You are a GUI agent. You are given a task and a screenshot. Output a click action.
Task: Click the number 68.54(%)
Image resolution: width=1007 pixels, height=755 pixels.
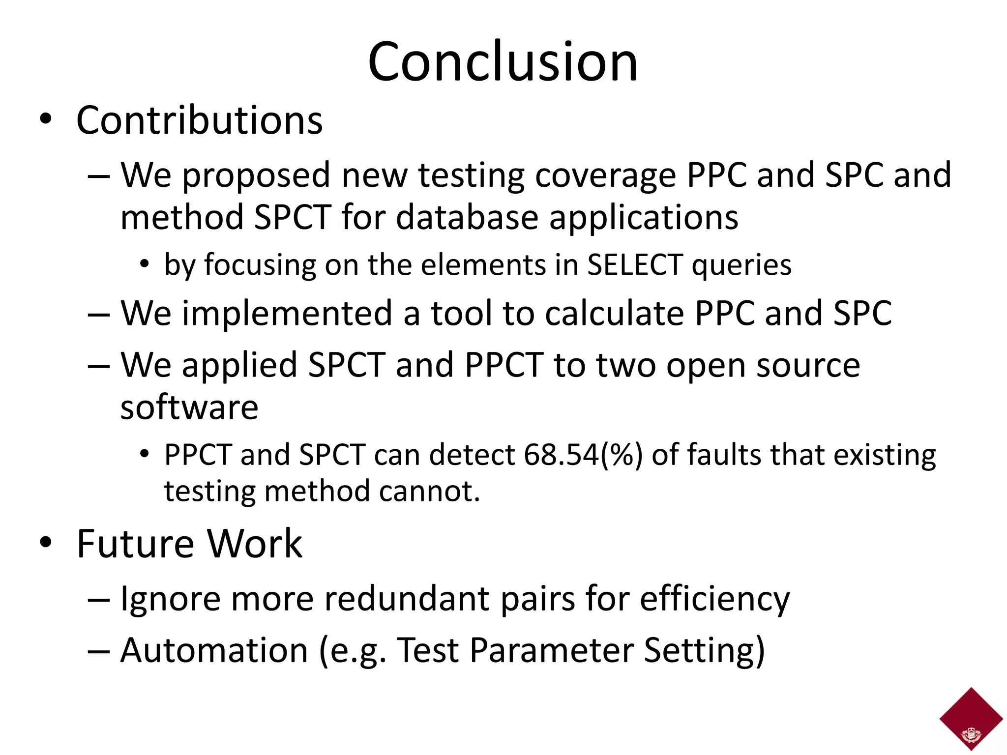coord(583,455)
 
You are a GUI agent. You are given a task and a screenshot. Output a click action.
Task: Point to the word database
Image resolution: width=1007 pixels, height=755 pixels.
coord(467,217)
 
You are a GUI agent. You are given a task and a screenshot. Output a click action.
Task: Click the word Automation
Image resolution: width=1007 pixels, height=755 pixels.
coord(214,650)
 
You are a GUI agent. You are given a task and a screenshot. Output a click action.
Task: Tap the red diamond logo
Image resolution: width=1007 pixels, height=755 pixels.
coord(971,719)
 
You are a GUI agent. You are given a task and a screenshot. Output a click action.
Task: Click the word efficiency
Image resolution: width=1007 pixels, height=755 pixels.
coord(714,599)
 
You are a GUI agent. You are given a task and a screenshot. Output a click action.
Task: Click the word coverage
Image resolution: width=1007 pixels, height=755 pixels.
coord(605,175)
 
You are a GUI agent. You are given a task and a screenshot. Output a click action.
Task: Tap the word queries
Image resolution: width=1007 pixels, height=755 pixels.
coord(741,265)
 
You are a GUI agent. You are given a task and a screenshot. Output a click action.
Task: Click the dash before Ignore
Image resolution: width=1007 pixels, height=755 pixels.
coord(98,600)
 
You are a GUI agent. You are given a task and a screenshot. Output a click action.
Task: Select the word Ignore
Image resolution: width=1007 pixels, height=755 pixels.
coord(170,599)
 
